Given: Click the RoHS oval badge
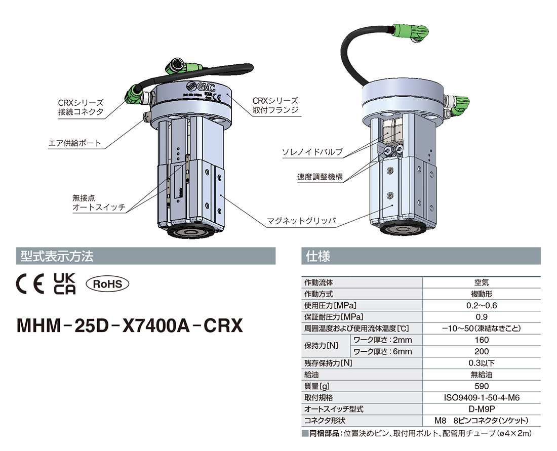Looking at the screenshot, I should point(107,284).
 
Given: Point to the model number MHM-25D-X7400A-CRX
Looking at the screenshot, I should point(130,325).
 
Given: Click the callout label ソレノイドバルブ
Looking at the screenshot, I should point(312,152).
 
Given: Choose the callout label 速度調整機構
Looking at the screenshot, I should point(320,177).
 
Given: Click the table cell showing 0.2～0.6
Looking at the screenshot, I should point(481,305).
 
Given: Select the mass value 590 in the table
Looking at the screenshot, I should point(481,386).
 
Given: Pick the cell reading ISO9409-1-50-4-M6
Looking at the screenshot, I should point(481,398).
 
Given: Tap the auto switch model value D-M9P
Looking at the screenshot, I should point(481,409).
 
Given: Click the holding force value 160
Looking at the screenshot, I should point(481,340).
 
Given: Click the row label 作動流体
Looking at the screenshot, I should point(318,282).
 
